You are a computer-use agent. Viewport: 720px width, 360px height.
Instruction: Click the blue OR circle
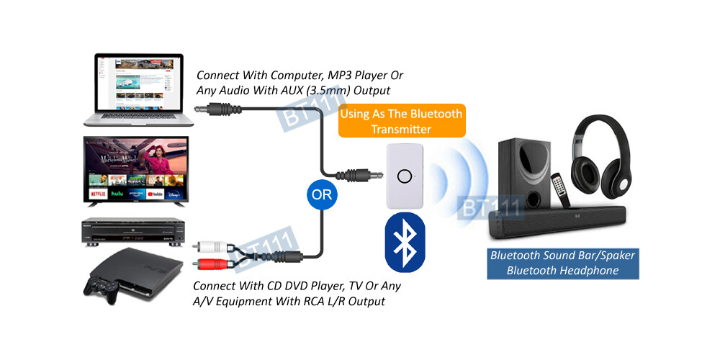(x=321, y=194)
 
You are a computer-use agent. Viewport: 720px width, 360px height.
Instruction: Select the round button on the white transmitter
(x=405, y=176)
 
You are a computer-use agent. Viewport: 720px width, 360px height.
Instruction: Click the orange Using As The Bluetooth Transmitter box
(x=400, y=121)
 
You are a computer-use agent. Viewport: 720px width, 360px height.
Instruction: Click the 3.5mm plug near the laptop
(x=216, y=109)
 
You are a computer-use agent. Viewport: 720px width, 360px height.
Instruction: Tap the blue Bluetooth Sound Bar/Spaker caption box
(x=553, y=263)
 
